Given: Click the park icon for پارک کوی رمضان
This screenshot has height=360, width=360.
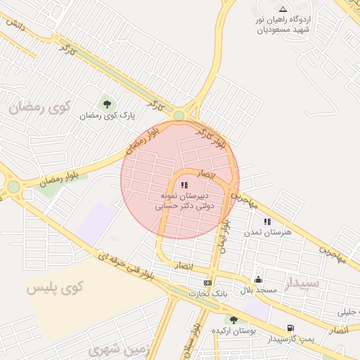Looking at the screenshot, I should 107,105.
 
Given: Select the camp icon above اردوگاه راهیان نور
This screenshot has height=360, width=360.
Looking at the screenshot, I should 283,9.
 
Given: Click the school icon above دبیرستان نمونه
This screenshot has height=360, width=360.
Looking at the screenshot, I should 184,185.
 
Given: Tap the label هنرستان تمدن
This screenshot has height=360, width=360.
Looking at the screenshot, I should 261,233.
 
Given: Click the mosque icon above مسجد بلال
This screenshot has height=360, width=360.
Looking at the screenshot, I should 258,279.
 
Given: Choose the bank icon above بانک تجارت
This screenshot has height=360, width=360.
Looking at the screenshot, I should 207,283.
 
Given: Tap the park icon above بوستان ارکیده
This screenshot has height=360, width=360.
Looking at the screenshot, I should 233,321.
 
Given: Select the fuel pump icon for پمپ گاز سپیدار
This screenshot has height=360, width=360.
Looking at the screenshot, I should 290,328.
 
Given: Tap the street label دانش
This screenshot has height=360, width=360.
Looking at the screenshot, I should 16,23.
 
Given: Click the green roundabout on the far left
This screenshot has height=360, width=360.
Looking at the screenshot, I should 13,187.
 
